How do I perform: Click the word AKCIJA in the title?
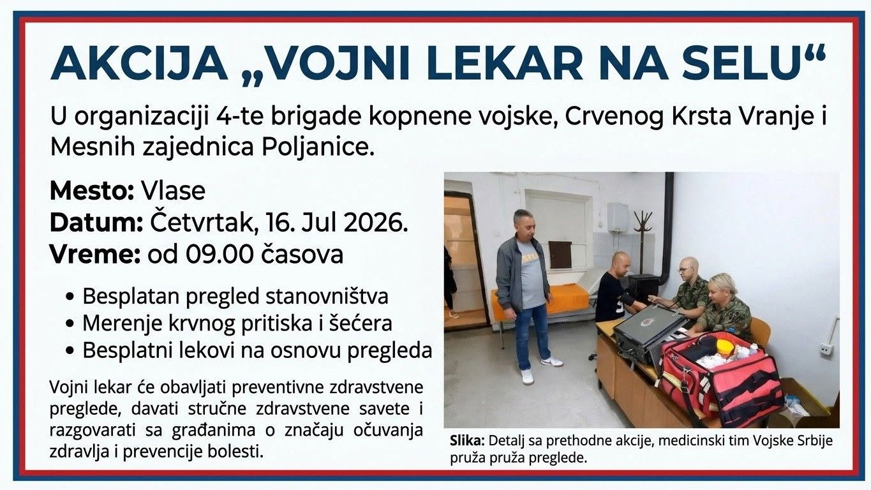[x=139, y=63]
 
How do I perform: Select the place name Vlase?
[x=173, y=191]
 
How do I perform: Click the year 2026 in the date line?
[x=376, y=223]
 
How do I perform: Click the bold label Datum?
[x=96, y=223]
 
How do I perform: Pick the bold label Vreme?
[x=95, y=255]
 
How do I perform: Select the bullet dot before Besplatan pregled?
[x=70, y=297]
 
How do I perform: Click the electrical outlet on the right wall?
[x=824, y=349]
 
